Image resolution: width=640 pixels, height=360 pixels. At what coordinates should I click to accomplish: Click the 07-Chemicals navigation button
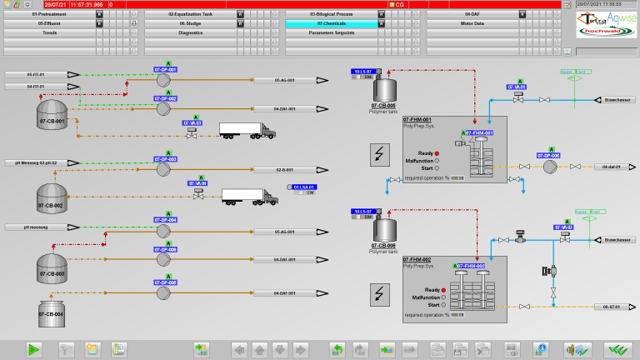331,24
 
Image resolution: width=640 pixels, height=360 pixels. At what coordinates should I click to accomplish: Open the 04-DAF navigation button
472,15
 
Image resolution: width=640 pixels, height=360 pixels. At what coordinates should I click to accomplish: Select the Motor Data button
472,24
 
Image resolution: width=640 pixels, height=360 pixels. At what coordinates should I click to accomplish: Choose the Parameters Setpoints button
331,32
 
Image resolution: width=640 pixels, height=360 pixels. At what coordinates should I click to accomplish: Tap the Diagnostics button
190,32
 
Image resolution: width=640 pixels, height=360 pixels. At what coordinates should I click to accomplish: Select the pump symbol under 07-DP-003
164,169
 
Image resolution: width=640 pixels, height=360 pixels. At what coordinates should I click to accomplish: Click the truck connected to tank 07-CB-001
247,131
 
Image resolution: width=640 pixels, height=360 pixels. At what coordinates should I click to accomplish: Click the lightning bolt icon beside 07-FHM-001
379,154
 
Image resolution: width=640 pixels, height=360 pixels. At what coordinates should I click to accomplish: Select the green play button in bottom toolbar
34,349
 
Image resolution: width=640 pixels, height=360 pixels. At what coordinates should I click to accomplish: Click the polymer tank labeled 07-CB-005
384,87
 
